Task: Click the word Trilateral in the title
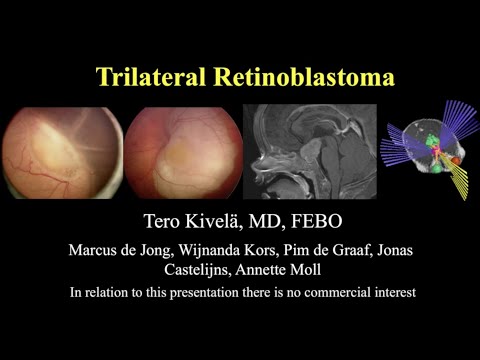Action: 149,77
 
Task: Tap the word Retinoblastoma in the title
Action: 299,77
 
